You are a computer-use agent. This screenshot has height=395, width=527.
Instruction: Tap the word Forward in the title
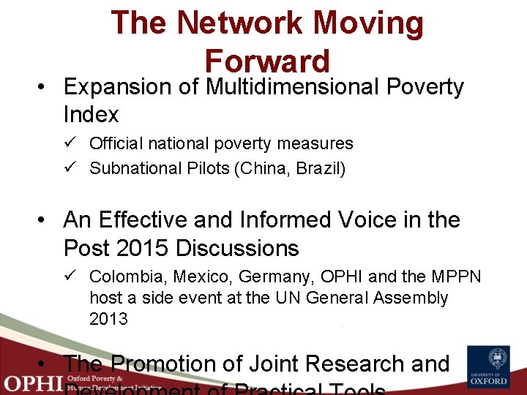pos(267,61)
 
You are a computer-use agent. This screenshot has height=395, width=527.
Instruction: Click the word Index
pos(91,115)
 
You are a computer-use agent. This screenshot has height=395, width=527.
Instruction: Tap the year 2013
pos(108,319)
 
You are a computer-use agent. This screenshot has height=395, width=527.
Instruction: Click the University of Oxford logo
pos(488,367)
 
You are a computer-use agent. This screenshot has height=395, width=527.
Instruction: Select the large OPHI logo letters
pos(31,383)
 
